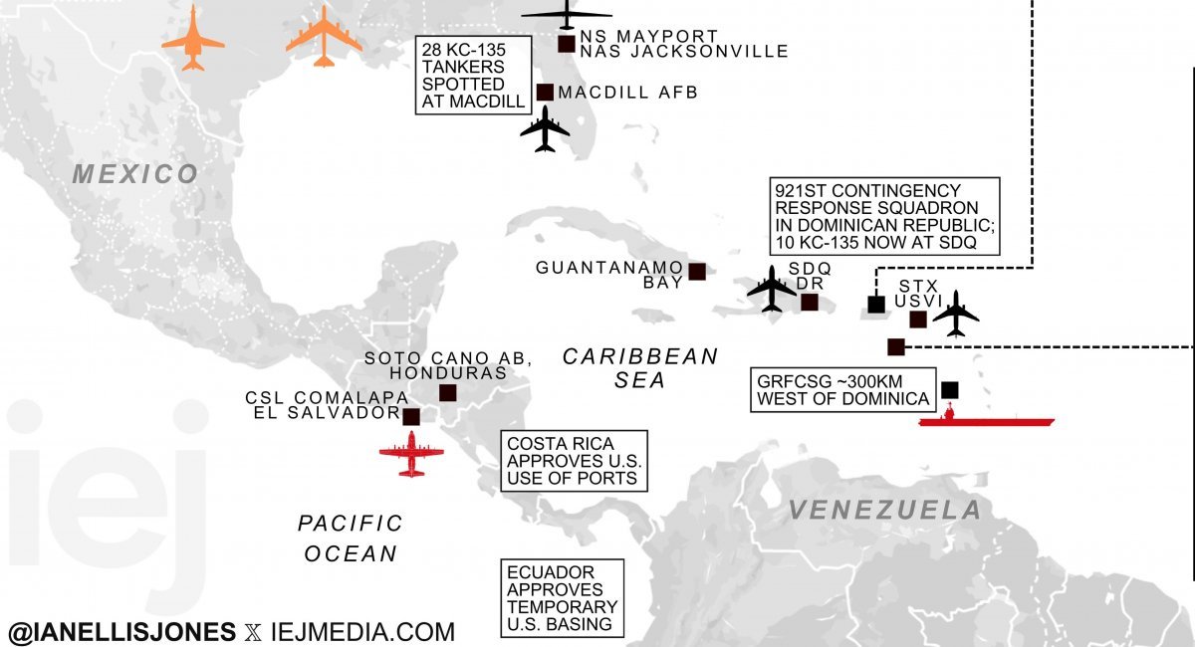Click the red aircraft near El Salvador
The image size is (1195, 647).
(411, 455)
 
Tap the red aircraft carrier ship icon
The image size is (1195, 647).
(985, 420)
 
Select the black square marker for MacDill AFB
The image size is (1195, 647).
(545, 93)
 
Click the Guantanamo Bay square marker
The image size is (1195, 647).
(697, 272)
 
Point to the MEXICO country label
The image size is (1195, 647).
(135, 174)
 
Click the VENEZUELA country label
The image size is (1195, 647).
(884, 511)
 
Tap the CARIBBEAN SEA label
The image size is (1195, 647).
(640, 368)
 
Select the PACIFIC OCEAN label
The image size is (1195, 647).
(351, 539)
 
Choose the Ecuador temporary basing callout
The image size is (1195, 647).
(562, 598)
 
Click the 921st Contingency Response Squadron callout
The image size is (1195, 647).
(883, 216)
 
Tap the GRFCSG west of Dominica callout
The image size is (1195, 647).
(843, 390)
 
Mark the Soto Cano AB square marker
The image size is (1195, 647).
(448, 393)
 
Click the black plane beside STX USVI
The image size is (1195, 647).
(957, 314)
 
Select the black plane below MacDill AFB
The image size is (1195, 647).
(545, 129)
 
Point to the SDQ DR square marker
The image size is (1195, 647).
(810, 302)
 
